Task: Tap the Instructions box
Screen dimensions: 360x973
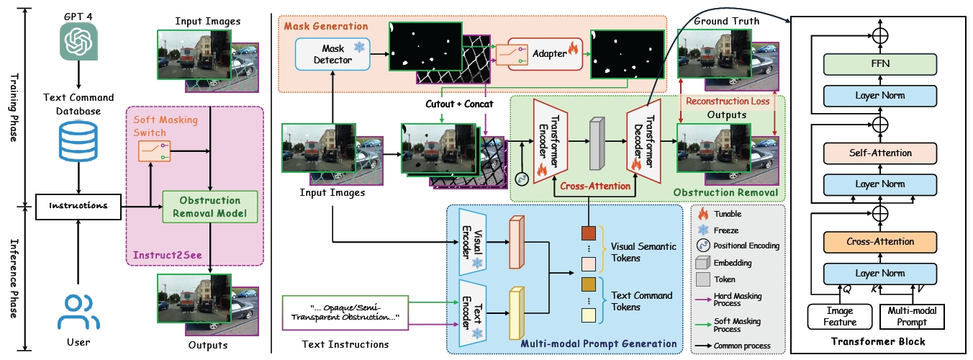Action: point(77,205)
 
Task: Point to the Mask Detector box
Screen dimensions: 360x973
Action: point(332,55)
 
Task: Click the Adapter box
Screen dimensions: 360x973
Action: point(545,53)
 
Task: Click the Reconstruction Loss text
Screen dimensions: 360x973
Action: point(727,101)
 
